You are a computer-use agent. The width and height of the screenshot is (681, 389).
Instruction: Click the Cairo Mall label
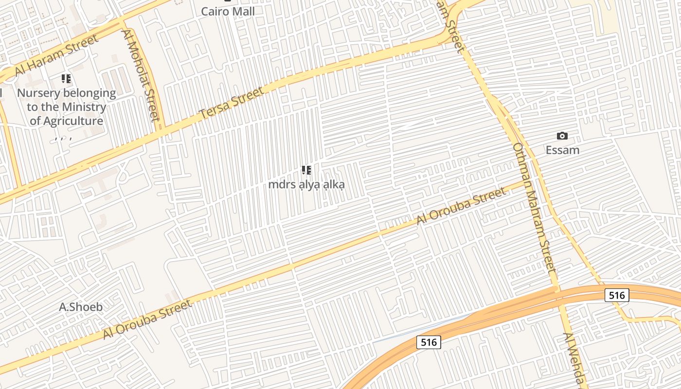[228, 11]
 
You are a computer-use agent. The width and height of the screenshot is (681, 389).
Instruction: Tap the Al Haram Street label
[56, 55]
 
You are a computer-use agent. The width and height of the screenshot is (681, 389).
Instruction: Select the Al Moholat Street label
[141, 74]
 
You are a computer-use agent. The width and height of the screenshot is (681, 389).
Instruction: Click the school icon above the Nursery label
[66, 79]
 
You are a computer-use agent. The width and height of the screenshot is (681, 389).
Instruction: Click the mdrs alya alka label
[306, 185]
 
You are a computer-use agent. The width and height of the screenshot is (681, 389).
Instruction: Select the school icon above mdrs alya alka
[306, 170]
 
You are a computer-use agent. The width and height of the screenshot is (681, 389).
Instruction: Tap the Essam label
[562, 150]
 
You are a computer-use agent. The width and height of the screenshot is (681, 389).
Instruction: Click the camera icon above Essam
[562, 136]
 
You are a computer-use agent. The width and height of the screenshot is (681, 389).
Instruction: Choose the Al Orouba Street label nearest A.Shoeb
[147, 320]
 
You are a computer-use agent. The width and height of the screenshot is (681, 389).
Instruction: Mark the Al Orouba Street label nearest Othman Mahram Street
[461, 207]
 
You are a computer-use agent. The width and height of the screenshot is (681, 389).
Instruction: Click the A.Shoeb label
[81, 307]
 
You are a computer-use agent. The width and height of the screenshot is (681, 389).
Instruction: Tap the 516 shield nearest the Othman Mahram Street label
[617, 295]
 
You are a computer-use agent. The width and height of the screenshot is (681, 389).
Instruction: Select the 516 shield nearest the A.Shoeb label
[429, 342]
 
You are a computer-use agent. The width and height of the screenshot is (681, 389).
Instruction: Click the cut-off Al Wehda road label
[575, 360]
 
